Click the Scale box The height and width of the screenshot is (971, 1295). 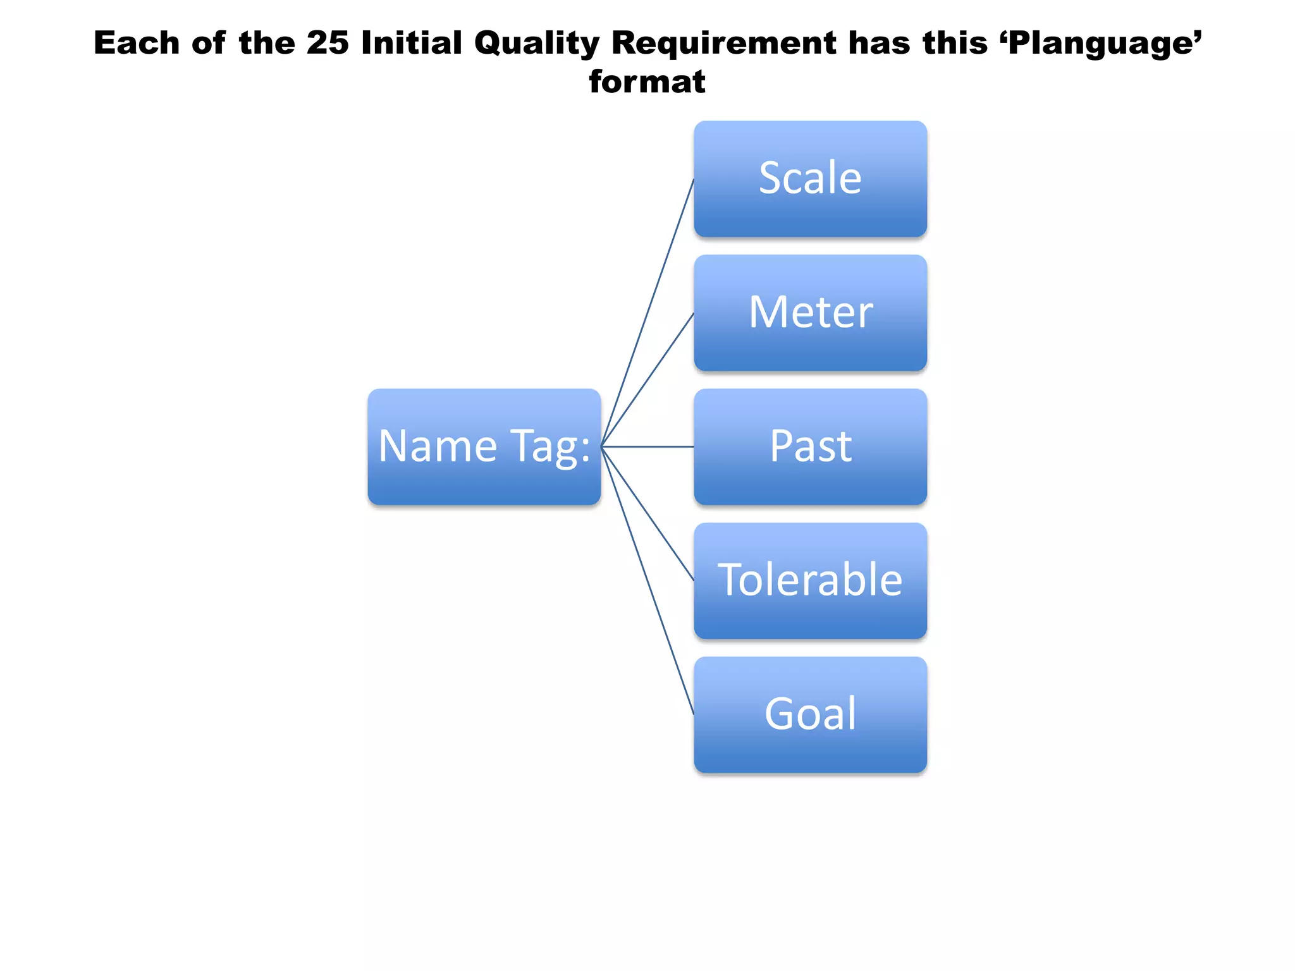click(810, 179)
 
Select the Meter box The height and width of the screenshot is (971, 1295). click(810, 313)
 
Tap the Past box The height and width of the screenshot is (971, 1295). click(810, 447)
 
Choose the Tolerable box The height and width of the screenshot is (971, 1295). click(810, 580)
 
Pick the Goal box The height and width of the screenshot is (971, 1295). click(810, 714)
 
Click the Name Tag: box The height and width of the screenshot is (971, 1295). click(484, 447)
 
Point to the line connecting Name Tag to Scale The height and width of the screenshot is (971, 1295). click(647, 313)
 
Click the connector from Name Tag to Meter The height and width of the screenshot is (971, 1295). click(647, 380)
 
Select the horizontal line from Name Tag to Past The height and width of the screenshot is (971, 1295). click(647, 447)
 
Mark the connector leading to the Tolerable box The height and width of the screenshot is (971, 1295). click(647, 513)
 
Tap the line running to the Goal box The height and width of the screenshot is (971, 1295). click(647, 580)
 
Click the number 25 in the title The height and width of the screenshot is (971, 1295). click(328, 43)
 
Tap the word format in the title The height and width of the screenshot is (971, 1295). click(647, 82)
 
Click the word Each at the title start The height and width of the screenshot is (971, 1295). click(137, 43)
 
